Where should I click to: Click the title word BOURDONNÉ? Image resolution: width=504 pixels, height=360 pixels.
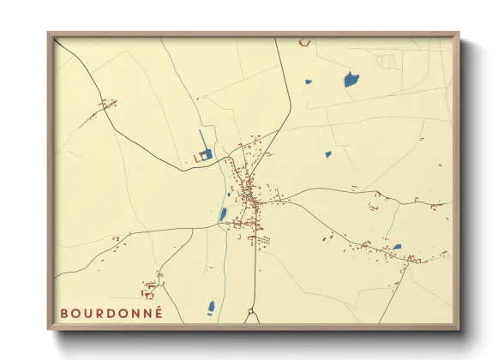pyautogui.click(x=111, y=313)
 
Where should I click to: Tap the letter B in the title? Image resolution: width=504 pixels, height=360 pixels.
pyautogui.click(x=64, y=313)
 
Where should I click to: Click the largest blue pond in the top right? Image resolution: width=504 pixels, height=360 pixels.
pyautogui.click(x=351, y=81)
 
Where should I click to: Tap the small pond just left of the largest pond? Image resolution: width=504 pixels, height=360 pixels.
pyautogui.click(x=309, y=82)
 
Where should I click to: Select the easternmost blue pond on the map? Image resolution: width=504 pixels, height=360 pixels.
pyautogui.click(x=396, y=248)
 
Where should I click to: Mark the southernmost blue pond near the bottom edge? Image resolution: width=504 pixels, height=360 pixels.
pyautogui.click(x=211, y=306)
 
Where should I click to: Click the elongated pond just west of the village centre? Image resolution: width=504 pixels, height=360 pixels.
pyautogui.click(x=223, y=214)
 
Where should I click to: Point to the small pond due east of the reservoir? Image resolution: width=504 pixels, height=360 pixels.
pyautogui.click(x=327, y=155)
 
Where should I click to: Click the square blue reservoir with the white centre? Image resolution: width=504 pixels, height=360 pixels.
pyautogui.click(x=205, y=154)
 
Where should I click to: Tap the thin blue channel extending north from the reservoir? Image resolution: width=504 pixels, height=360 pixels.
pyautogui.click(x=201, y=139)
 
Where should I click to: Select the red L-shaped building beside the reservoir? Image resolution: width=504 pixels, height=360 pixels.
pyautogui.click(x=195, y=159)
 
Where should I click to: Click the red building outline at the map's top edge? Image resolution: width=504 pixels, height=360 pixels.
pyautogui.click(x=303, y=41)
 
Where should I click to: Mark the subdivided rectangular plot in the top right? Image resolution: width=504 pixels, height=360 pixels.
pyautogui.click(x=388, y=61)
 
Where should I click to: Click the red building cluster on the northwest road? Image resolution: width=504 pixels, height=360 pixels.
pyautogui.click(x=107, y=105)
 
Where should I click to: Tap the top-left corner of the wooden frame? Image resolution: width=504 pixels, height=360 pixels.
pyautogui.click(x=50, y=34)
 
